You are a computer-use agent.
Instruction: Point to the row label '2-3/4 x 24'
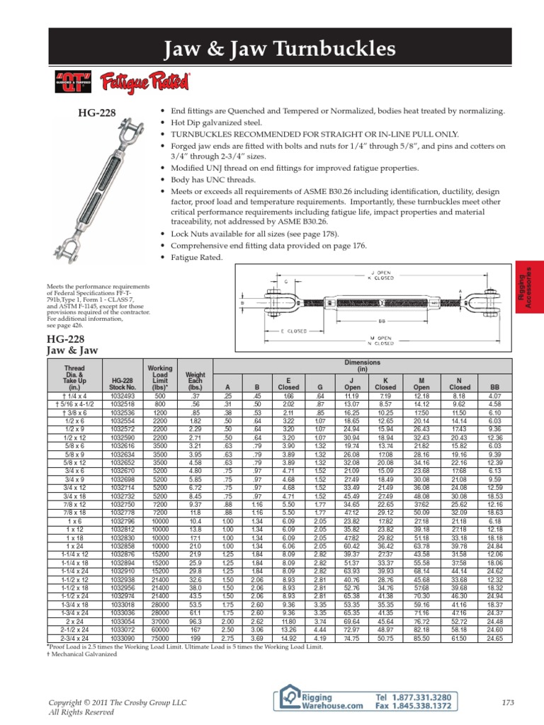75,598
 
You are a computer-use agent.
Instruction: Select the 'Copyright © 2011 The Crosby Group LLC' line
117,702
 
